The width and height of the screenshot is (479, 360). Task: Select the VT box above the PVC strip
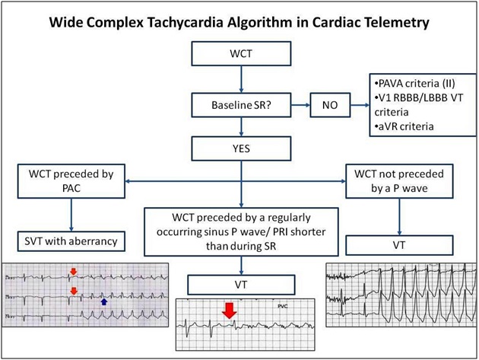coord(240,285)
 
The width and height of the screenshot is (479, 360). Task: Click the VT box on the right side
coord(399,245)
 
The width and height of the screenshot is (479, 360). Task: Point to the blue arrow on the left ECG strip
coord(104,302)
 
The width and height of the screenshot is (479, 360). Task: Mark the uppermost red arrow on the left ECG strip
coord(73,270)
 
